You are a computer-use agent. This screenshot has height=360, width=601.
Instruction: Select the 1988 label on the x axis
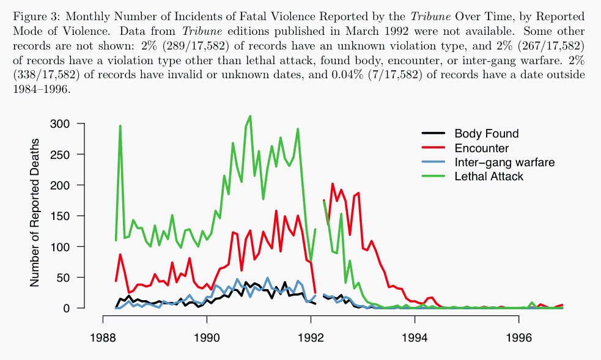point(102,337)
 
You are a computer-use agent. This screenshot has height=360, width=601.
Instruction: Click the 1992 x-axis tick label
point(311,337)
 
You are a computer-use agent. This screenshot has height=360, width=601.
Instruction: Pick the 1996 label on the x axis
point(518,337)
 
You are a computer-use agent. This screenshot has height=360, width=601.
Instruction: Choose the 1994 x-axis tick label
point(415,337)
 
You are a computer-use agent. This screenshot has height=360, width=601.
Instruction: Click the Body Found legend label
point(486,133)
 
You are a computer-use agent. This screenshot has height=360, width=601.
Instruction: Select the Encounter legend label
point(482,148)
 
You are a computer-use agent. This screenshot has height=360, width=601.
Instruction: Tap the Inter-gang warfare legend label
point(504,163)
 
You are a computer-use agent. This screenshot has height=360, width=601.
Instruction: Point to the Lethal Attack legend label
point(489,177)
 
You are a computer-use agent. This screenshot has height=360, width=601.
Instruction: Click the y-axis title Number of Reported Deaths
point(35,213)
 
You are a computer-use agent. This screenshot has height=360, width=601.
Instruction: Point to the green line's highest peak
point(249,116)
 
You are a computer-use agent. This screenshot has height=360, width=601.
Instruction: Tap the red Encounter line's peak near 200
point(333,183)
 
